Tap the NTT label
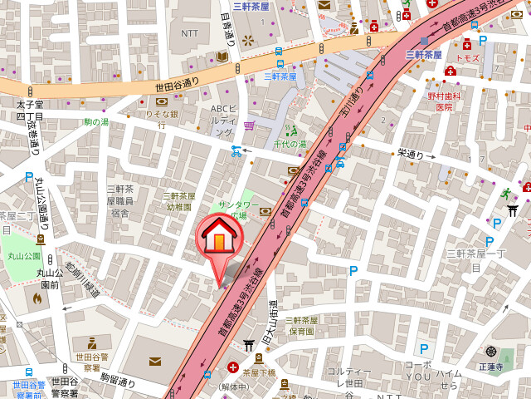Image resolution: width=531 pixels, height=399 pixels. [190, 33]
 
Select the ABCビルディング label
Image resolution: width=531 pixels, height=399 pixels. [223, 121]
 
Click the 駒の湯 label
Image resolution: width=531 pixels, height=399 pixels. [96, 122]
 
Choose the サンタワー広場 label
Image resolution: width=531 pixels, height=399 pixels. [238, 209]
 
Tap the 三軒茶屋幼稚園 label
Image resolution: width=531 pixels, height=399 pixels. [178, 201]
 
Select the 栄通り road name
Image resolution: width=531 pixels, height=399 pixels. [411, 154]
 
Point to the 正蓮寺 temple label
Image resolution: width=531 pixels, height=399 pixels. [491, 365]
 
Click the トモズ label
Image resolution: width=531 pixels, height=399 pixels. [468, 57]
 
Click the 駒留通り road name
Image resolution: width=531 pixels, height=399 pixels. [118, 379]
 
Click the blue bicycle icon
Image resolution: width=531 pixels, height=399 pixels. [236, 151]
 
